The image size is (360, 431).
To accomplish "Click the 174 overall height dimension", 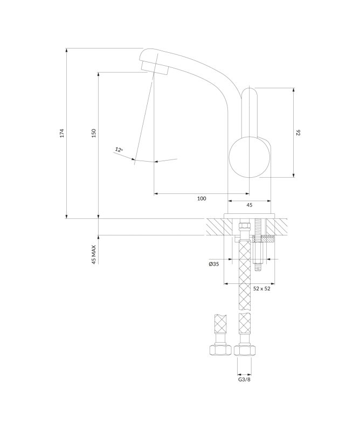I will pos(62,133).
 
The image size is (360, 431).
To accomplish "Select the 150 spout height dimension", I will pos(94,133).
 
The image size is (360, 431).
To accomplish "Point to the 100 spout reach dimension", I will pos(202,199).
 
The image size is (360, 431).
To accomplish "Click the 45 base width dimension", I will pos(249,205).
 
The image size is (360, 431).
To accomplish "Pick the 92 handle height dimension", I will pos(297,132).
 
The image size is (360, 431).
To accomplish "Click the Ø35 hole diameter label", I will pos(213,265).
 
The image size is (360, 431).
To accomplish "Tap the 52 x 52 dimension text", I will pos(261,289).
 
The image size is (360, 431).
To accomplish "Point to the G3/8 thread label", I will pos(244,380).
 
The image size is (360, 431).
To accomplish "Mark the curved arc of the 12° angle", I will pos(156,161).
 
